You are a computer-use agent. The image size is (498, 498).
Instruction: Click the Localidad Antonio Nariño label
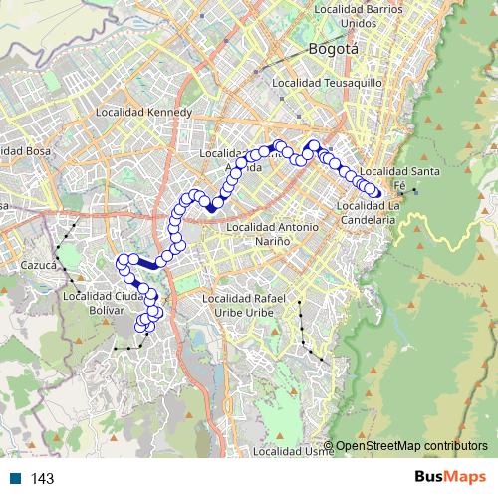click(x=273, y=234)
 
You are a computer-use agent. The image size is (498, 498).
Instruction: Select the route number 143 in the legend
click(x=42, y=479)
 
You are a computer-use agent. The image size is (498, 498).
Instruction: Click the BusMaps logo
click(x=449, y=477)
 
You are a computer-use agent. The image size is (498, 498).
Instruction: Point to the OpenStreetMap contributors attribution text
click(x=411, y=446)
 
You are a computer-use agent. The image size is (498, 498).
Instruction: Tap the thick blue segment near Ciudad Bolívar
click(x=148, y=264)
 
